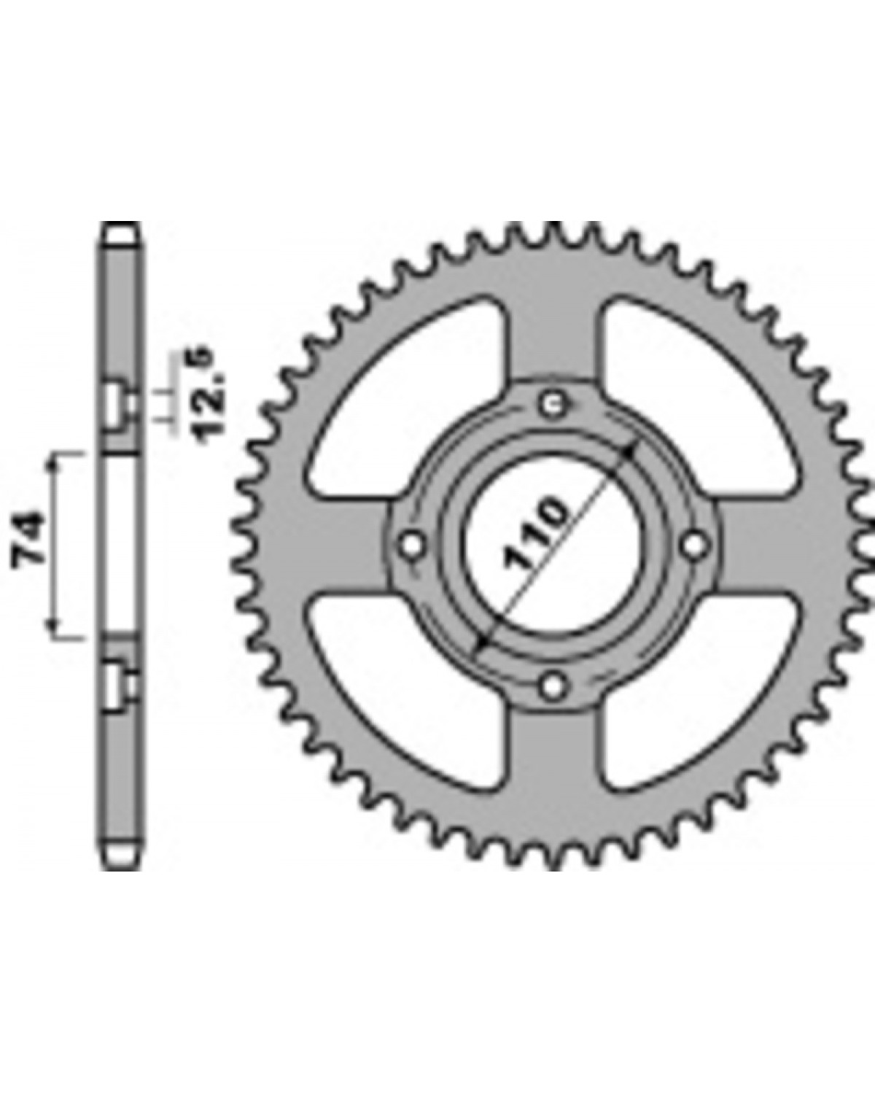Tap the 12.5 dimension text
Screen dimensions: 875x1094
tap(211, 395)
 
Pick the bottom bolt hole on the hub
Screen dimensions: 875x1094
tap(553, 686)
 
